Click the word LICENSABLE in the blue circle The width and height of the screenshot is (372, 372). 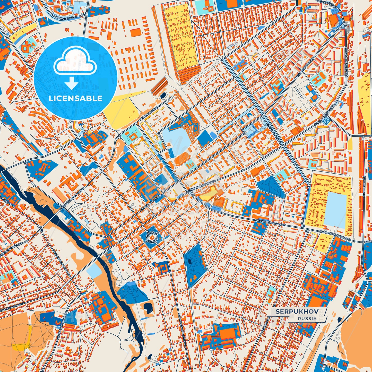[x=75, y=98]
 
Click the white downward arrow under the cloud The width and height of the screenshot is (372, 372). [x=72, y=84]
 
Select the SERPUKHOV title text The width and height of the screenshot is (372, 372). [x=297, y=312]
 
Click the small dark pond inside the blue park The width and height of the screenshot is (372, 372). [x=190, y=262]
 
